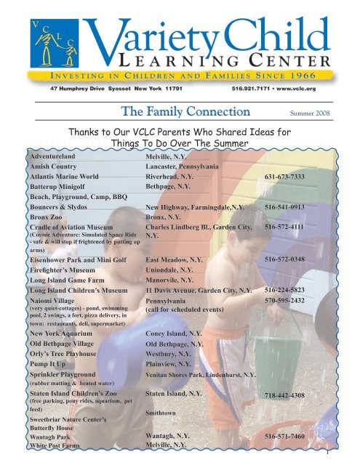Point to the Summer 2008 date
coord(311,113)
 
